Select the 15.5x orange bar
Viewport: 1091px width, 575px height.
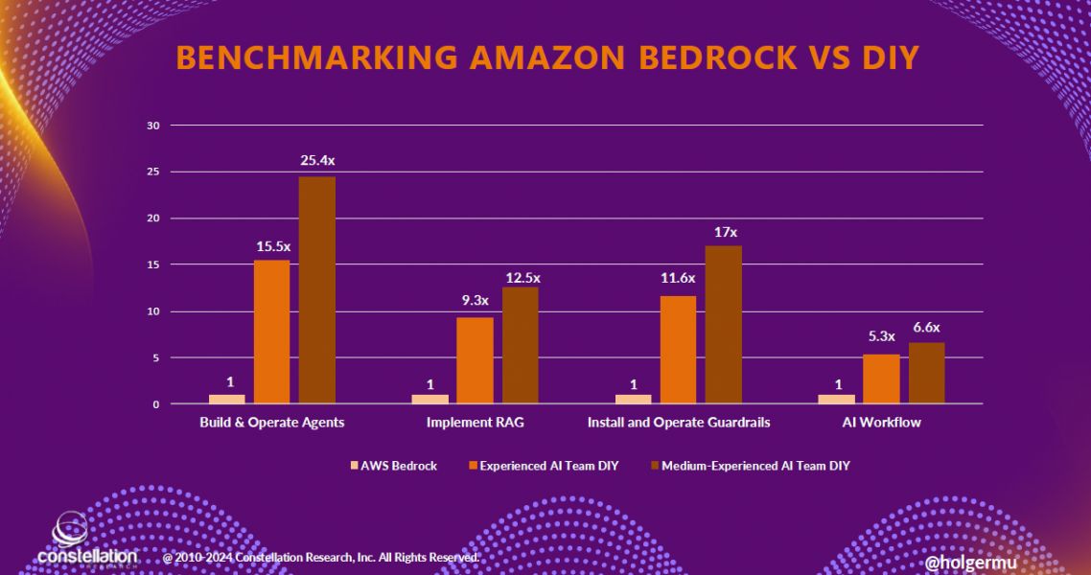tap(271, 332)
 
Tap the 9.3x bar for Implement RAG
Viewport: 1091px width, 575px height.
tap(475, 360)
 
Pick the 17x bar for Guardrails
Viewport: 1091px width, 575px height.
tap(724, 325)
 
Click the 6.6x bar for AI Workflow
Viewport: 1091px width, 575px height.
tap(926, 373)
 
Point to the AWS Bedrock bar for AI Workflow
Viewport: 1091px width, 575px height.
tap(836, 399)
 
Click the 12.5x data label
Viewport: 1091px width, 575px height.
tap(522, 278)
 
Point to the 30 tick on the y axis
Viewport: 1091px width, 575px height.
tap(151, 126)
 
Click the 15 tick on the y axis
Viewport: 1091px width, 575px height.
tap(151, 265)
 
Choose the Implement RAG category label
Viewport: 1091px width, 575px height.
tap(476, 423)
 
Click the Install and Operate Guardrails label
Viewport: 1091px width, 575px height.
tap(678, 423)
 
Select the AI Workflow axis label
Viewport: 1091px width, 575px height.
tap(881, 423)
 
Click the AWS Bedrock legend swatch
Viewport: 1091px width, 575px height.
tap(355, 466)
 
